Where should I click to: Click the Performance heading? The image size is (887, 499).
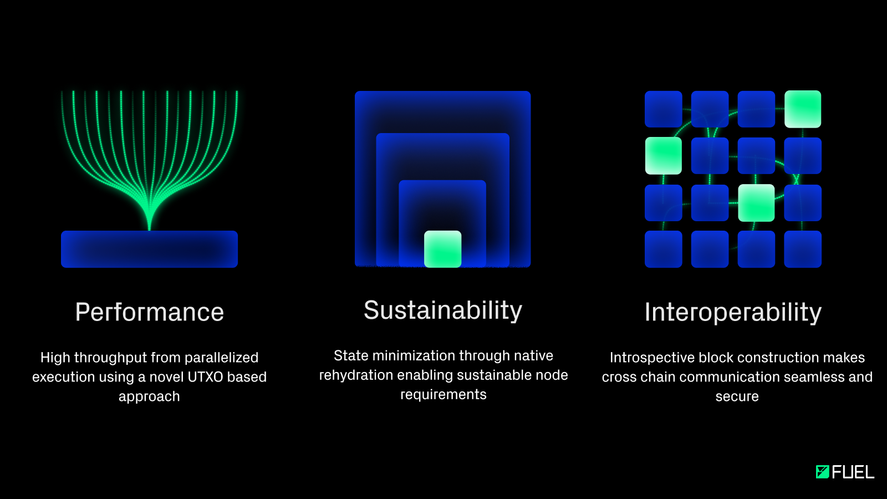click(149, 312)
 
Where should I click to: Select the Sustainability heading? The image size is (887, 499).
click(443, 310)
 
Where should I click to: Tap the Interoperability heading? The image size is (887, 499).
click(733, 313)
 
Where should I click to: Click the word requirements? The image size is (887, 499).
click(443, 395)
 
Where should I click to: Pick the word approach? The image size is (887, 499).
click(149, 397)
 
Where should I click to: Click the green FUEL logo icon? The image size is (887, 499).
click(823, 472)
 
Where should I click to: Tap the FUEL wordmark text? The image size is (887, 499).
click(853, 472)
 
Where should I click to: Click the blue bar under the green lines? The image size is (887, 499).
click(149, 249)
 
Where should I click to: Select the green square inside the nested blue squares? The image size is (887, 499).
click(443, 249)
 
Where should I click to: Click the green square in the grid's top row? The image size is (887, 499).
click(803, 109)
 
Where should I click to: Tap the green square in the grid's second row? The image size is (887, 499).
click(663, 156)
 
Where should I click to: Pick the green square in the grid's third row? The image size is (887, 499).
click(756, 203)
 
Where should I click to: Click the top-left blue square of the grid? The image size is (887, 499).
click(663, 109)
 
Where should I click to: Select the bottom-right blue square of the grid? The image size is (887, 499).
click(803, 249)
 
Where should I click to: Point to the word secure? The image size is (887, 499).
click(737, 396)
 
